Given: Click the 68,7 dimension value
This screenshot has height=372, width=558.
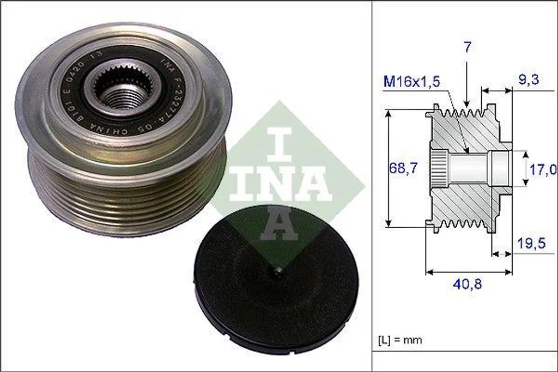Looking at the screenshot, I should (403, 168).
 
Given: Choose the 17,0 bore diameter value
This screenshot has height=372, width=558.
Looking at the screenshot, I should (543, 169).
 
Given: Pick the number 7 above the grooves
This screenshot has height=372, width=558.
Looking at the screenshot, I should (467, 47).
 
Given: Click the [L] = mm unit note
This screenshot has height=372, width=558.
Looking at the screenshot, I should (399, 340).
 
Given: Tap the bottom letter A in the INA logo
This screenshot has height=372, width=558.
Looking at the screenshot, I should (279, 225).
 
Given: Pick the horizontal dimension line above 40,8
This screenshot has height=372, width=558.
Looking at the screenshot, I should (469, 271).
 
